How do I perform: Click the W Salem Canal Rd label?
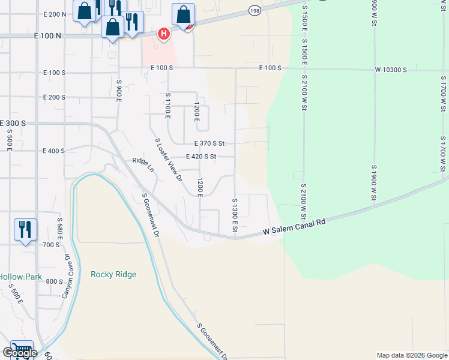point(294,222)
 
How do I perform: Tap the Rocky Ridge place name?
point(113,274)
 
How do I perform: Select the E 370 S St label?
point(209,143)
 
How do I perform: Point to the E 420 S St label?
point(200,157)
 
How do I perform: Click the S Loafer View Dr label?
point(168,159)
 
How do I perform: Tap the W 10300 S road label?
point(391,70)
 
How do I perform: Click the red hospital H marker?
point(163,34)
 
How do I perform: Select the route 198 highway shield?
point(255,11)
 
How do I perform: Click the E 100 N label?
point(49,36)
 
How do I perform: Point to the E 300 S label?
point(13,122)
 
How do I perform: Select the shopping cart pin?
point(22,350)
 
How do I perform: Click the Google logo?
point(19,353)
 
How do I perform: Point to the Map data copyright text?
point(412,355)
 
